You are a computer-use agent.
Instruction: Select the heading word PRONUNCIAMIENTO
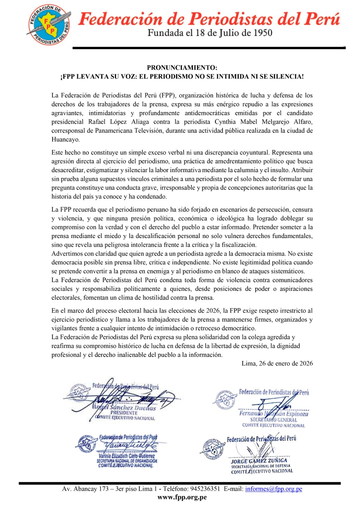182,67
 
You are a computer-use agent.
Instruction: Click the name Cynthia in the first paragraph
225,122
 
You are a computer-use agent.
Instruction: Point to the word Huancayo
66,139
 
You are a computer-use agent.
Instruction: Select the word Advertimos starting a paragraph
68,254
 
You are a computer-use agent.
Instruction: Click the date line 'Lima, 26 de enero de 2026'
277,363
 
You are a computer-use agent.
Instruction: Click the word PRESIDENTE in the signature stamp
124,413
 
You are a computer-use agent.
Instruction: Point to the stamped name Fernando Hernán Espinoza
273,414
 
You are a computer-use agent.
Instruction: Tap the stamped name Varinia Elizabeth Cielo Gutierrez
126,456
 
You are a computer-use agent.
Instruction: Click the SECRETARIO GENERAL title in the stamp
273,420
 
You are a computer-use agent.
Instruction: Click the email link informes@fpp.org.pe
273,489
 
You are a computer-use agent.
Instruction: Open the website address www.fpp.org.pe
182,497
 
